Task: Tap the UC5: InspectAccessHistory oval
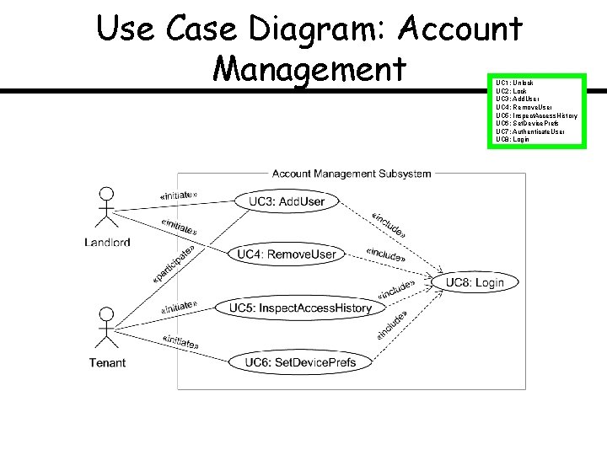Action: click(x=300, y=308)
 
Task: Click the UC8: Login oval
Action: click(x=475, y=282)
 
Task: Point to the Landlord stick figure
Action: click(x=106, y=206)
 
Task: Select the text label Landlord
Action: click(x=107, y=243)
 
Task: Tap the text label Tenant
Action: click(x=107, y=363)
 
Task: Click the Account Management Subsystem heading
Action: click(x=352, y=174)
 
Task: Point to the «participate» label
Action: click(x=175, y=264)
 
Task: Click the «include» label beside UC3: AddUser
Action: click(x=389, y=221)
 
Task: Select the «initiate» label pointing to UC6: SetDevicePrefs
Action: click(x=180, y=342)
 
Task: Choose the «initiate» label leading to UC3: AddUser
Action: click(x=178, y=195)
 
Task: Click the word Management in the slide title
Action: click(x=310, y=67)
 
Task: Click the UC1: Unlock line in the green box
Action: click(x=515, y=83)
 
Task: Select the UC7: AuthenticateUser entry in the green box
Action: click(x=530, y=131)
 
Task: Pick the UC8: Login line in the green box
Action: click(x=513, y=139)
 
